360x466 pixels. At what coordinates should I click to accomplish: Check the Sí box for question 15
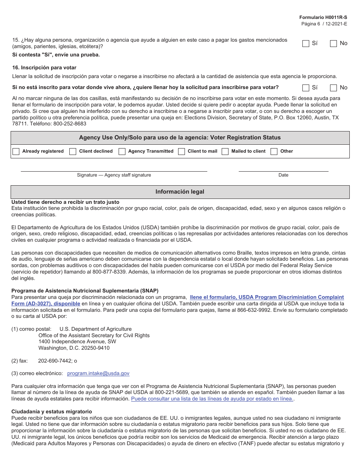pyautogui.click(x=306, y=44)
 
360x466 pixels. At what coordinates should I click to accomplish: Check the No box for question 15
pyautogui.click(x=333, y=44)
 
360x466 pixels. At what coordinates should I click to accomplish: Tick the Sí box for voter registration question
pyautogui.click(x=306, y=88)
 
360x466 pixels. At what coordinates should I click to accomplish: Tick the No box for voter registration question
pyautogui.click(x=333, y=88)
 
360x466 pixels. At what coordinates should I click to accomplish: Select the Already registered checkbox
pyautogui.click(x=16, y=152)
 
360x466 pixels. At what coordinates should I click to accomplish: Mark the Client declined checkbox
pyautogui.click(x=72, y=152)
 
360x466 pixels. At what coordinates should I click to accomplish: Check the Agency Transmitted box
pyautogui.click(x=122, y=152)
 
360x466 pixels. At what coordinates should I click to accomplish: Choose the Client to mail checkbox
pyautogui.click(x=182, y=152)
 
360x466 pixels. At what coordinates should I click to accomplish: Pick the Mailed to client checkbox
pyautogui.click(x=225, y=152)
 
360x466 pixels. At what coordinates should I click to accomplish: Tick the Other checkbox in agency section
pyautogui.click(x=274, y=152)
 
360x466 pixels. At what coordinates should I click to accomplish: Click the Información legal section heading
pyautogui.click(x=180, y=192)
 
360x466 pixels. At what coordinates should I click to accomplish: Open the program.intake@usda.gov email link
pyautogui.click(x=98, y=374)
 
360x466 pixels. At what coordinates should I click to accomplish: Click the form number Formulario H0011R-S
pyautogui.click(x=323, y=17)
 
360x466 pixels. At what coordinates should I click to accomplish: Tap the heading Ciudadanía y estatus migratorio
pyautogui.click(x=52, y=411)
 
